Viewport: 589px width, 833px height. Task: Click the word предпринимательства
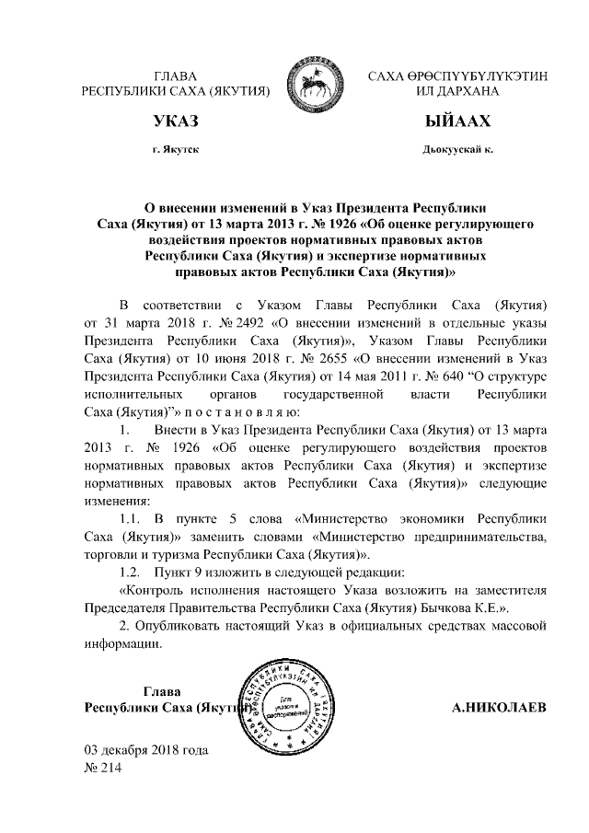[483, 538]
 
